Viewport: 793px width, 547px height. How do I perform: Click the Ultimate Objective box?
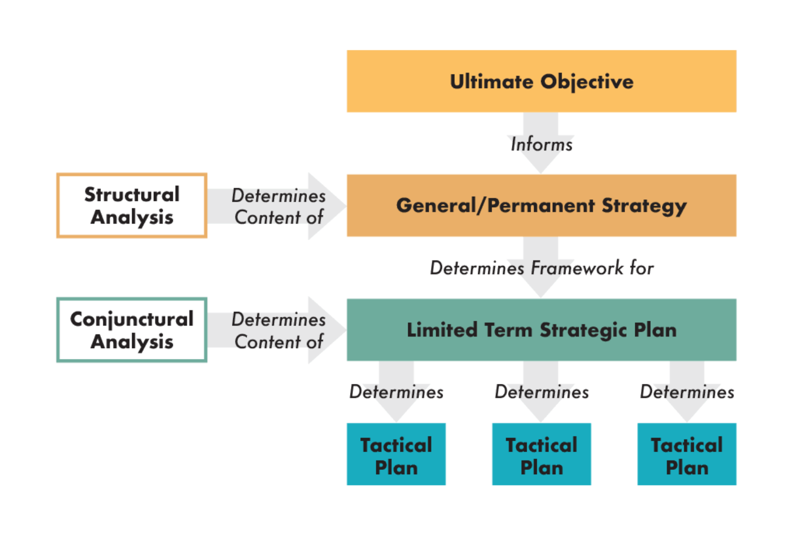pos(541,81)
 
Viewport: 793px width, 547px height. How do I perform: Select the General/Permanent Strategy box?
pos(541,205)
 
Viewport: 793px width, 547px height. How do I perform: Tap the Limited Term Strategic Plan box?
pos(541,330)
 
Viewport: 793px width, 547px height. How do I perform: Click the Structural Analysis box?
pos(132,205)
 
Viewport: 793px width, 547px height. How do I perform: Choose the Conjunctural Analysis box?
pos(132,330)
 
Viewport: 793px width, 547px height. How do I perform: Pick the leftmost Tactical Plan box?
pos(396,454)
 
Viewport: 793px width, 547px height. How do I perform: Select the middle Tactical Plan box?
pos(541,454)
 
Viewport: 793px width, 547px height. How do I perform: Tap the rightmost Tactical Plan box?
pos(687,454)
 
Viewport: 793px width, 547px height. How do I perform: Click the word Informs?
pos(541,144)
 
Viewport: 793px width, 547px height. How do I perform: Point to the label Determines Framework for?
pos(542,268)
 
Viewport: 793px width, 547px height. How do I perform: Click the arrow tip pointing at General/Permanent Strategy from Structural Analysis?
pos(346,205)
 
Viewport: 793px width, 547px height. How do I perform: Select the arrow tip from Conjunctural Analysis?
pos(346,330)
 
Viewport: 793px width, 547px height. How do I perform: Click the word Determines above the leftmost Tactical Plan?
pos(396,392)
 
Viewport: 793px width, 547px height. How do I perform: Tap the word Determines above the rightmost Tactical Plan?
pos(687,392)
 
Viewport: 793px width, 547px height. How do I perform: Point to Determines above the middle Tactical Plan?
pos(542,392)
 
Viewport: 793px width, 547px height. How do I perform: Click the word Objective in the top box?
pos(587,83)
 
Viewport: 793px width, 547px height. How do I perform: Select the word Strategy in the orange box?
pos(644,207)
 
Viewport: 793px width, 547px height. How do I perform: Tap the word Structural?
pos(132,194)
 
